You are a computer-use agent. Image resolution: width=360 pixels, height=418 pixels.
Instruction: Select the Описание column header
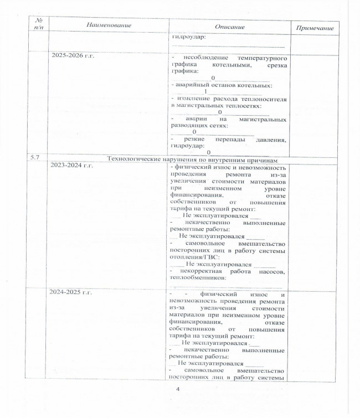230,27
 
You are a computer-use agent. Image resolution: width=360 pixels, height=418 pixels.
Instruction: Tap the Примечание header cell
315,28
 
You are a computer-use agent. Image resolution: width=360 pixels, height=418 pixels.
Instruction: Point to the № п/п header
39,23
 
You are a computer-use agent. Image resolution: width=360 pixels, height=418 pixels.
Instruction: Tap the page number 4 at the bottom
178,390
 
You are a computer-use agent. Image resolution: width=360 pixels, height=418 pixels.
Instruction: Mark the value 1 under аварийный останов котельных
205,92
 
